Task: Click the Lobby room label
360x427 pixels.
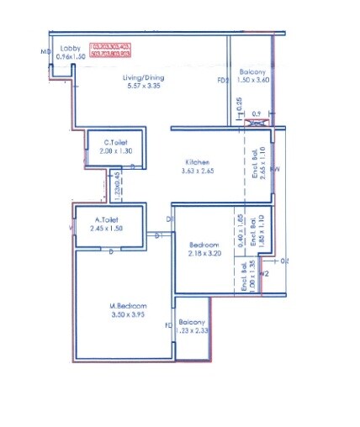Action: coord(71,49)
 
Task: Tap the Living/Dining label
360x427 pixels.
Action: coord(144,78)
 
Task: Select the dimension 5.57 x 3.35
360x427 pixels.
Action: coord(144,87)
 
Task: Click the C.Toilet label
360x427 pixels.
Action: coord(115,142)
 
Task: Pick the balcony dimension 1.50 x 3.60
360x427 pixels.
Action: coord(253,80)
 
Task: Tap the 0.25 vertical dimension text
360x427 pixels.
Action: coord(241,104)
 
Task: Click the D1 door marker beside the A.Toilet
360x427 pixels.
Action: coord(157,236)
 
